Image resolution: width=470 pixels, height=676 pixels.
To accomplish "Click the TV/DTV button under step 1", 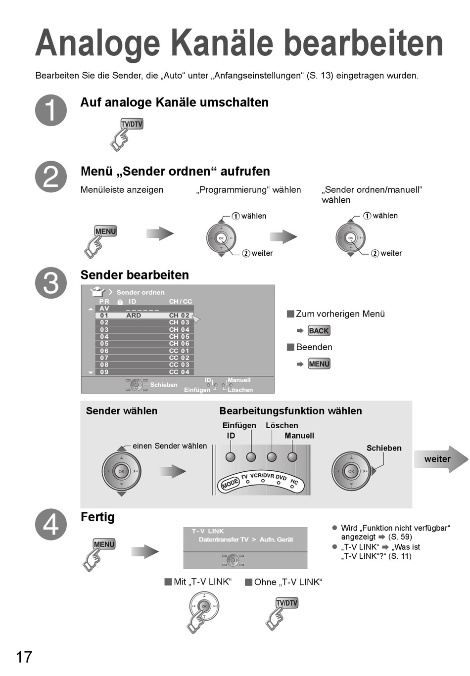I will [x=132, y=124].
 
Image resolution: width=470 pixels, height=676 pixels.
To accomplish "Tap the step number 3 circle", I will [x=51, y=283].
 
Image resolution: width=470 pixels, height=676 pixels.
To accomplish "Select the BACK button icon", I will [x=319, y=331].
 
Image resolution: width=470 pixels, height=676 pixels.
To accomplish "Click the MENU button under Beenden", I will [x=319, y=364].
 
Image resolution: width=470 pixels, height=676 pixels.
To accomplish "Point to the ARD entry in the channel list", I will [x=134, y=315].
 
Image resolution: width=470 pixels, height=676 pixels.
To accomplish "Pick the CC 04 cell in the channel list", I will [x=179, y=372].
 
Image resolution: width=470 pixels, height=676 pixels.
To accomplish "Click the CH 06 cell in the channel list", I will [x=179, y=344].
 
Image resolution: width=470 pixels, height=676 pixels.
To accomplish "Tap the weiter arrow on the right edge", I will [x=440, y=459].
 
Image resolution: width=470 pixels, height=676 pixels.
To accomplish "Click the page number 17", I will [x=24, y=657].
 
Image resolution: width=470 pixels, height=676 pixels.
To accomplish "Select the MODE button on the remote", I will [x=230, y=483].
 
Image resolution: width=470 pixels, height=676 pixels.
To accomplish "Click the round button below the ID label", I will [x=231, y=457].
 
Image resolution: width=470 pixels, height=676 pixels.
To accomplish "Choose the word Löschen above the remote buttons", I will [x=282, y=425].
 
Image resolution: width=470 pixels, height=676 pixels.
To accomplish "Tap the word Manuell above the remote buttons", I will [x=299, y=436].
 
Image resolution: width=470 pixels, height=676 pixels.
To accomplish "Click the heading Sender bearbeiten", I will [x=135, y=275].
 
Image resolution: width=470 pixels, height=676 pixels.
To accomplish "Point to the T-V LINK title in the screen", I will [x=208, y=531].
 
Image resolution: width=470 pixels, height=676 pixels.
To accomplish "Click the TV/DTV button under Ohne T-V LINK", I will [x=287, y=603].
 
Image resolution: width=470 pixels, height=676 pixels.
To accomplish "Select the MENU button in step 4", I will [x=104, y=544].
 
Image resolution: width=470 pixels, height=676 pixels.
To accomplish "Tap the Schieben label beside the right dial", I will [x=384, y=448].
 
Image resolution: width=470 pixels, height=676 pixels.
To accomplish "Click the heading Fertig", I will [x=97, y=517].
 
